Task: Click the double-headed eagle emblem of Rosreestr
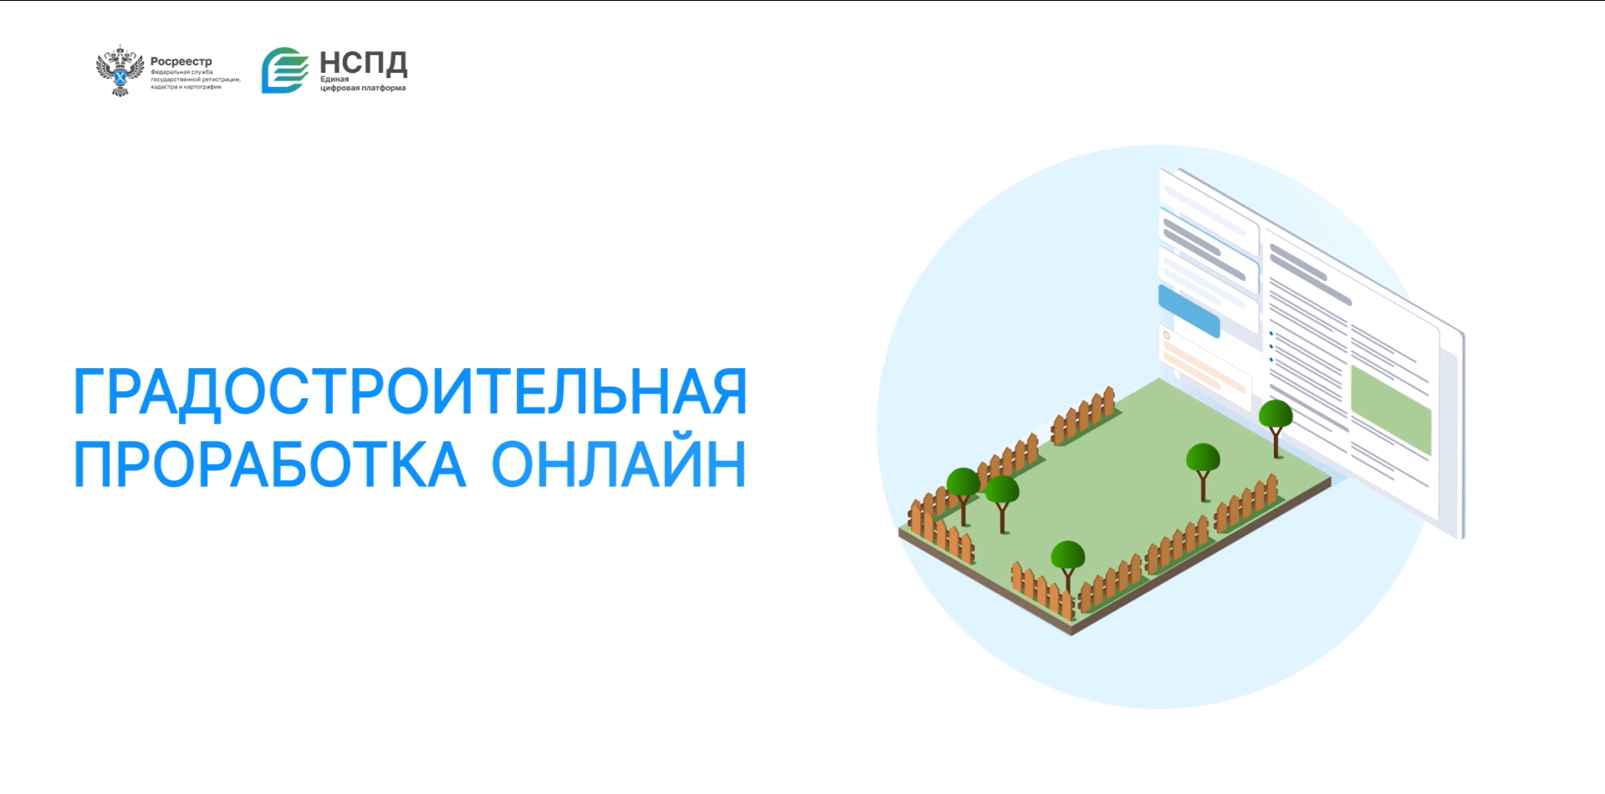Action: click(x=121, y=70)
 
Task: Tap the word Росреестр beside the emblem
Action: click(x=181, y=61)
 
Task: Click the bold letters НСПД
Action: click(x=364, y=63)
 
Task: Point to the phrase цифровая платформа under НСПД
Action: click(x=363, y=88)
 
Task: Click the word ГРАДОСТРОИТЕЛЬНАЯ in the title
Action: click(x=411, y=392)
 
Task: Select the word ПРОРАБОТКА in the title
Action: click(x=269, y=464)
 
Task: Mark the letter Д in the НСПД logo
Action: click(x=395, y=64)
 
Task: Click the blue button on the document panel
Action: click(x=1188, y=310)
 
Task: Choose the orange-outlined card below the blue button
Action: click(x=1204, y=361)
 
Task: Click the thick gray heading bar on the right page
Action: click(x=1310, y=273)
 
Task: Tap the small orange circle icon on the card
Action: click(x=1166, y=336)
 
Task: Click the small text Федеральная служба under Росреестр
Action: click(x=181, y=72)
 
